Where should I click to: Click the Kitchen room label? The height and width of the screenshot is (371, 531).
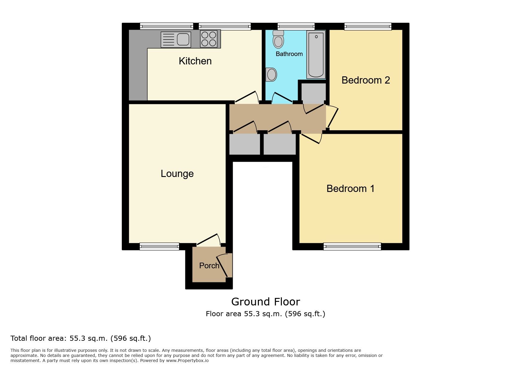coord(195,61)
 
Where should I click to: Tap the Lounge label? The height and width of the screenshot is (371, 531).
coord(177,174)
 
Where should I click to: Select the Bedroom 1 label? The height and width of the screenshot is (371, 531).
coord(351,189)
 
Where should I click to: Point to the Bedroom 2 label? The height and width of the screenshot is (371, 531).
coord(366,80)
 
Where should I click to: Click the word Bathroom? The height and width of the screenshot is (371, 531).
coord(289,54)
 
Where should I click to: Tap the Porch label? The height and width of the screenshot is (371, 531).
coord(209,266)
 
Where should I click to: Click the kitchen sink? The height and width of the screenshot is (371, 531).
coord(176,40)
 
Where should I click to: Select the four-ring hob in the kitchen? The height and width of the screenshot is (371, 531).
coord(209,39)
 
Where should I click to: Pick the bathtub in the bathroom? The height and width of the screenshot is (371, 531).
coord(316,54)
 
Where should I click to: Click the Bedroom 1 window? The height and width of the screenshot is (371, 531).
coord(352,247)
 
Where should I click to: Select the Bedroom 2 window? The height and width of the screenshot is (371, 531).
coord(368,26)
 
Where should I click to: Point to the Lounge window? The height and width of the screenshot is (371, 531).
coord(159,246)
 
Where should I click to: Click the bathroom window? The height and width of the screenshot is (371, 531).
coord(296,26)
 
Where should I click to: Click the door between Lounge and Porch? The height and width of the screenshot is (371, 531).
coord(208,240)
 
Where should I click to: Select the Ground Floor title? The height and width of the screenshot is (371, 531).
coord(266,302)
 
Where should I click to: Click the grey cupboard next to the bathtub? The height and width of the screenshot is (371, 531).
coord(313,92)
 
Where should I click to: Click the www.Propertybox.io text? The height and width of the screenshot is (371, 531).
coord(187,361)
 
